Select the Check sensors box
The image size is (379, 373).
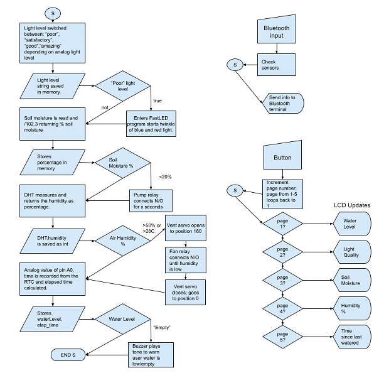pos(277,63)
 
